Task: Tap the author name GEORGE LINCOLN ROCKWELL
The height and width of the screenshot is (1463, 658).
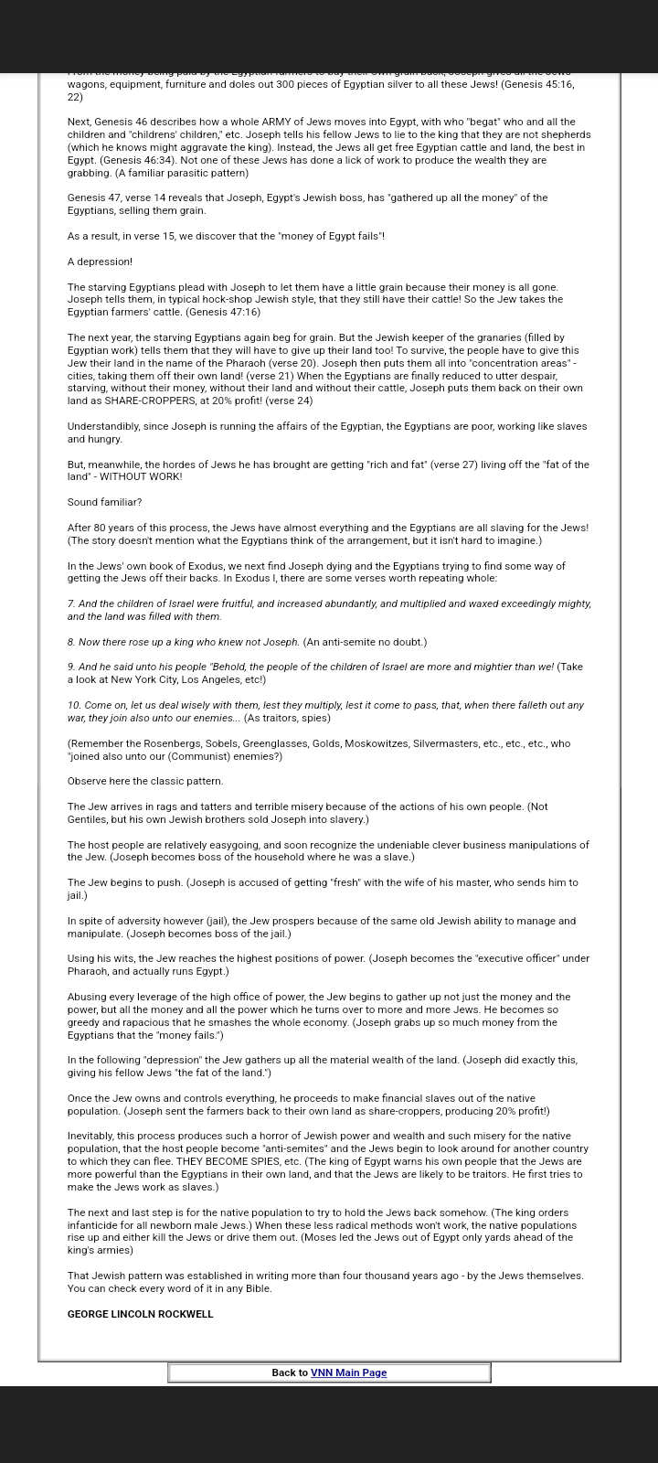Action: coord(140,1314)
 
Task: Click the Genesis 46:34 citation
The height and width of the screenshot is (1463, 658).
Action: coord(141,160)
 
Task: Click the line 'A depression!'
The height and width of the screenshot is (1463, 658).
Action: coord(100,262)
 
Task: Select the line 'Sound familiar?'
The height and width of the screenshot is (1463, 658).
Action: coord(104,502)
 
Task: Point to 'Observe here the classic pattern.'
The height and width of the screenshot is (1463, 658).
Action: coord(145,781)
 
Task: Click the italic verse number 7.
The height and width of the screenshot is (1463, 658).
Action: coord(70,603)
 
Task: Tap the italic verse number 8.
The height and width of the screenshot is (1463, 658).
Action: coord(70,642)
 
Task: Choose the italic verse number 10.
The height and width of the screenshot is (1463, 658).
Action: coord(74,705)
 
